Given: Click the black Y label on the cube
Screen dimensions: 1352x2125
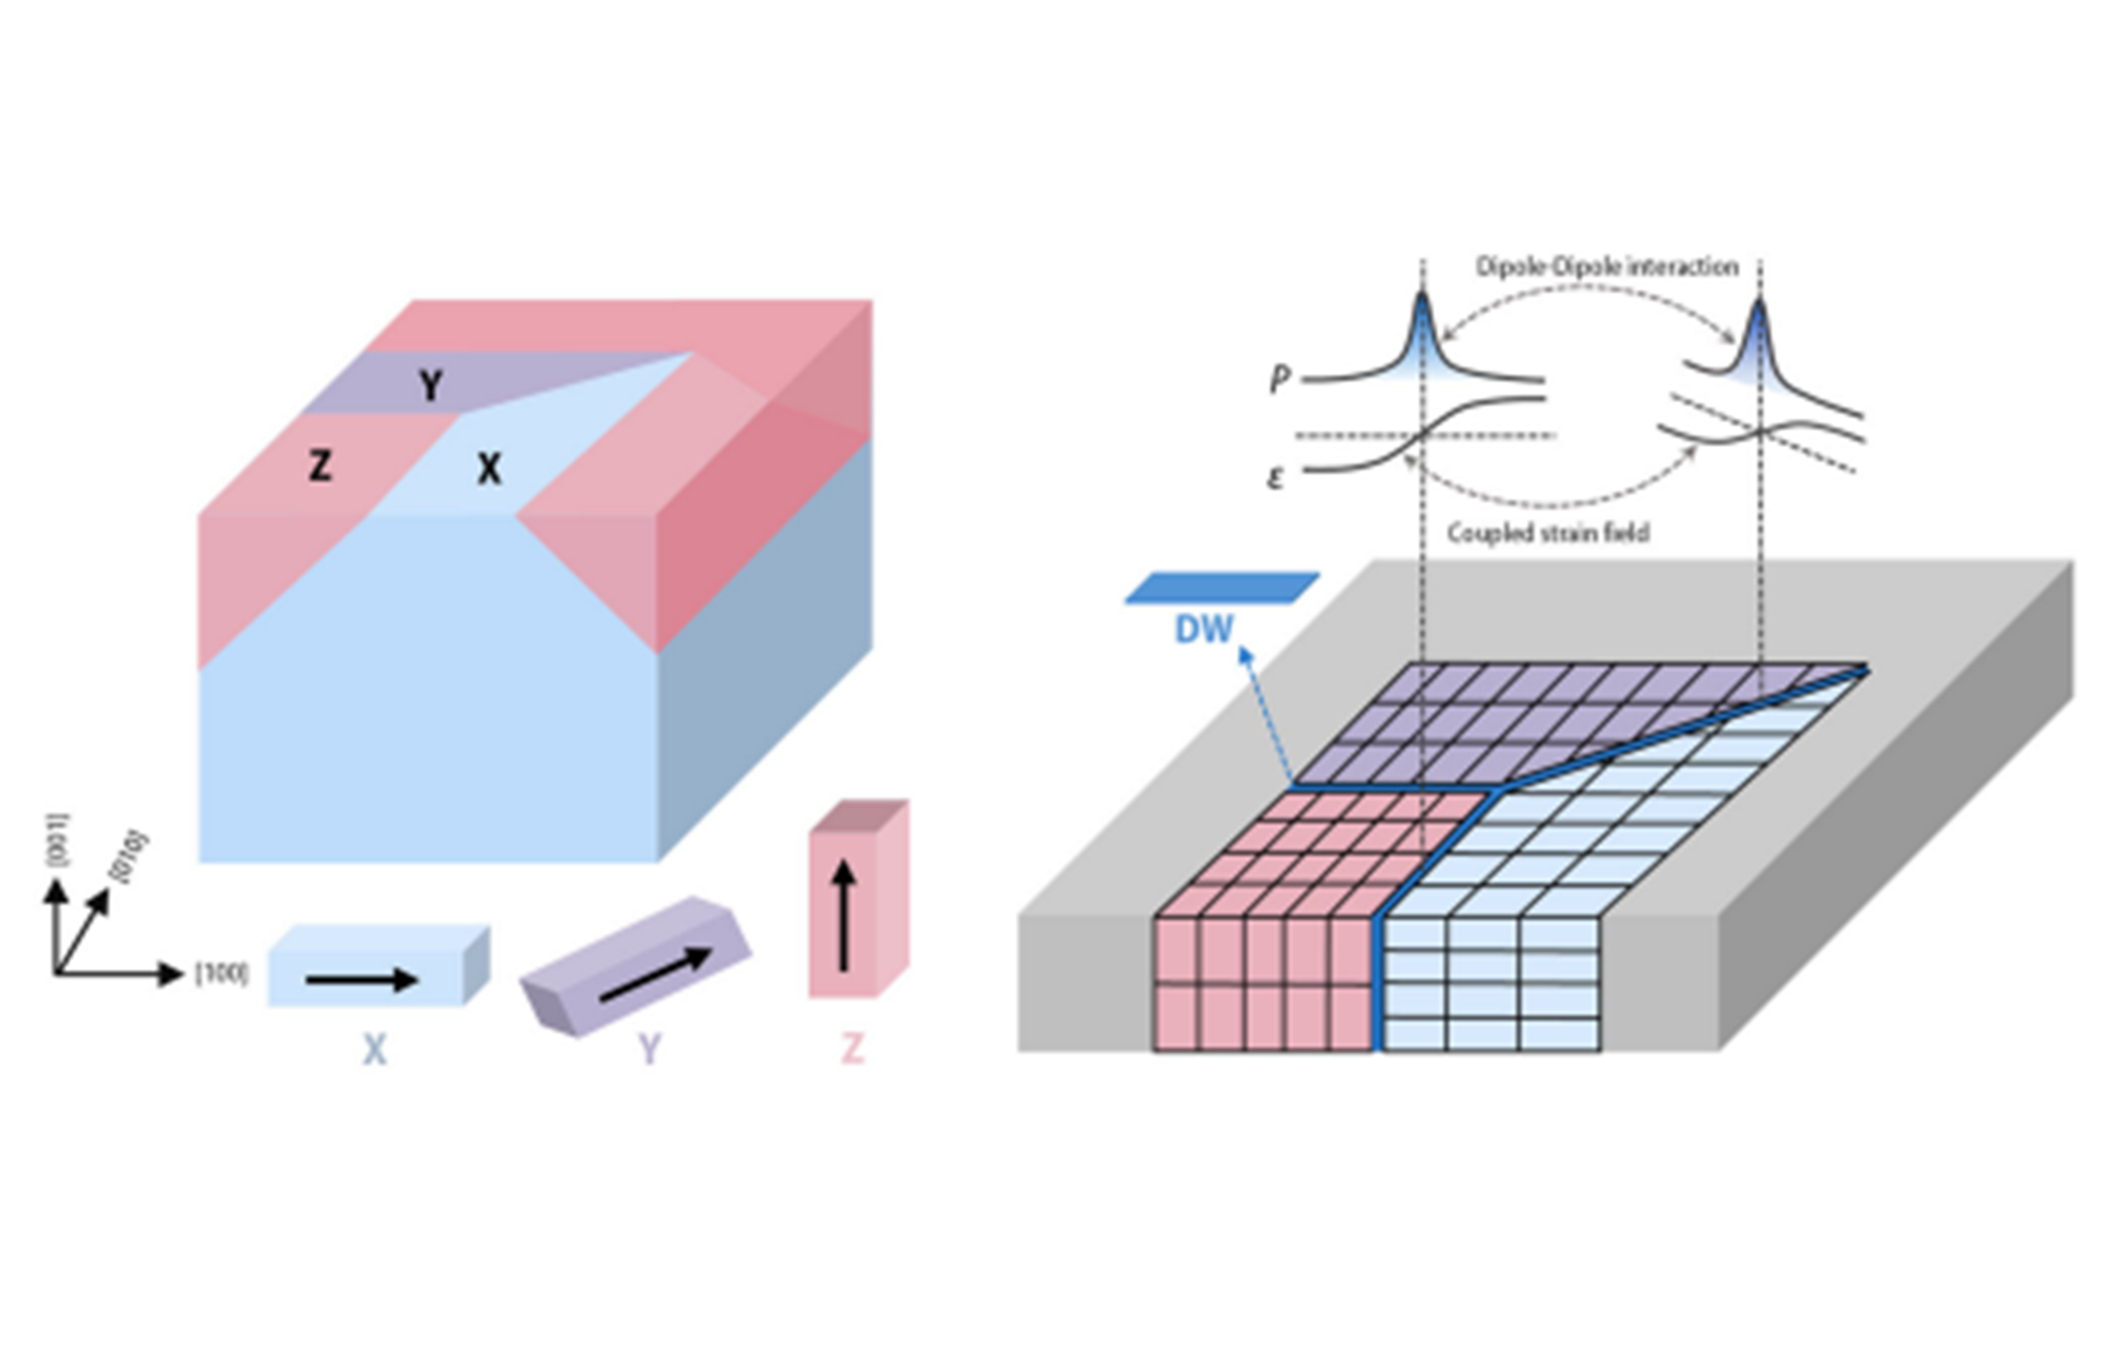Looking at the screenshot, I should (430, 386).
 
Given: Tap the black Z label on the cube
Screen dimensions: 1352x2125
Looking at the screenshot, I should (320, 465).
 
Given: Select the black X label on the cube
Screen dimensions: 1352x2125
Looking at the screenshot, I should (489, 469).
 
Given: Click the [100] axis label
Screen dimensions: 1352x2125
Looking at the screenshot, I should (222, 974).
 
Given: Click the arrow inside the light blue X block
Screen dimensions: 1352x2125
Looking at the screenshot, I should (362, 979).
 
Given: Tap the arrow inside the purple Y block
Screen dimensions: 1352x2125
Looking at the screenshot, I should (655, 974).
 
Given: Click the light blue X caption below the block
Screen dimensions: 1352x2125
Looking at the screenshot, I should (375, 1050).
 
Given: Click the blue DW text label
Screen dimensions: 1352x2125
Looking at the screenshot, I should (1204, 629).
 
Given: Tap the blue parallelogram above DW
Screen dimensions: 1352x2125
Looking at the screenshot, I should (1222, 588).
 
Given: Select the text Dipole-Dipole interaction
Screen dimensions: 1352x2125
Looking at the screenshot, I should (1607, 266).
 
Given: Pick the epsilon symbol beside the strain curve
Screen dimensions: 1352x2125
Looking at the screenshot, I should (1274, 478).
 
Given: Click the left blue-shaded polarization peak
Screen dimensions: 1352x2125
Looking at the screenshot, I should (1423, 339).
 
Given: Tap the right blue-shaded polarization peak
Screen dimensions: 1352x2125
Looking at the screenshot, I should (1759, 344).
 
